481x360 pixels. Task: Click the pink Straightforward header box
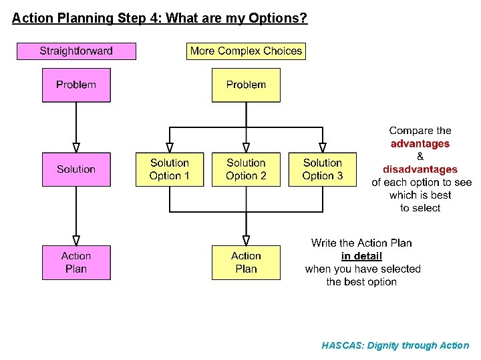pyautogui.click(x=76, y=51)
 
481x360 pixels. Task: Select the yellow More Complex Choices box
pyautogui.click(x=246, y=51)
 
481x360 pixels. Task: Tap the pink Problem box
pyautogui.click(x=76, y=85)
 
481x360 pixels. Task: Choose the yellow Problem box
pyautogui.click(x=246, y=85)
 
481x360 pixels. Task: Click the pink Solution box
pyautogui.click(x=76, y=169)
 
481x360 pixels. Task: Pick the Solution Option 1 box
pyautogui.click(x=170, y=169)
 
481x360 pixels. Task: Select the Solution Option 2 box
pyautogui.click(x=246, y=169)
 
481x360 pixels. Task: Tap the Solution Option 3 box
pyautogui.click(x=322, y=169)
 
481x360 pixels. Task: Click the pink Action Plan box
pyautogui.click(x=76, y=263)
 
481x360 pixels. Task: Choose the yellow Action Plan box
pyautogui.click(x=246, y=263)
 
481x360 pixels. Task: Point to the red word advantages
pyautogui.click(x=420, y=144)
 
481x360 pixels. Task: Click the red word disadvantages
pyautogui.click(x=420, y=169)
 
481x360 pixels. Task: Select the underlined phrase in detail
pyautogui.click(x=361, y=256)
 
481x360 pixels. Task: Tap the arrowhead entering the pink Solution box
pyautogui.click(x=76, y=148)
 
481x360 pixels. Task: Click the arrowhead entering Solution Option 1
pyautogui.click(x=170, y=148)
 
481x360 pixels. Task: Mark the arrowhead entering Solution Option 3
pyautogui.click(x=322, y=148)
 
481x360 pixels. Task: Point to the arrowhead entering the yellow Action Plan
pyautogui.click(x=246, y=240)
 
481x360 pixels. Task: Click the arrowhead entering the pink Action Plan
pyautogui.click(x=76, y=240)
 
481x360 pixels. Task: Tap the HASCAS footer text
pyautogui.click(x=395, y=345)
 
